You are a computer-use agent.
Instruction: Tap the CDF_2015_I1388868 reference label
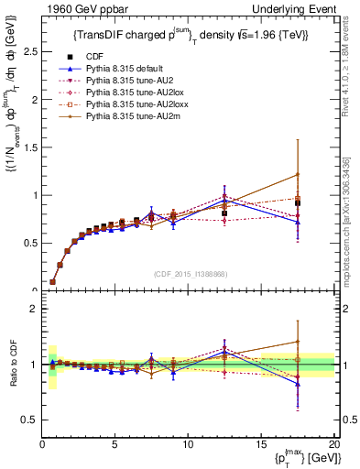(189, 274)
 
